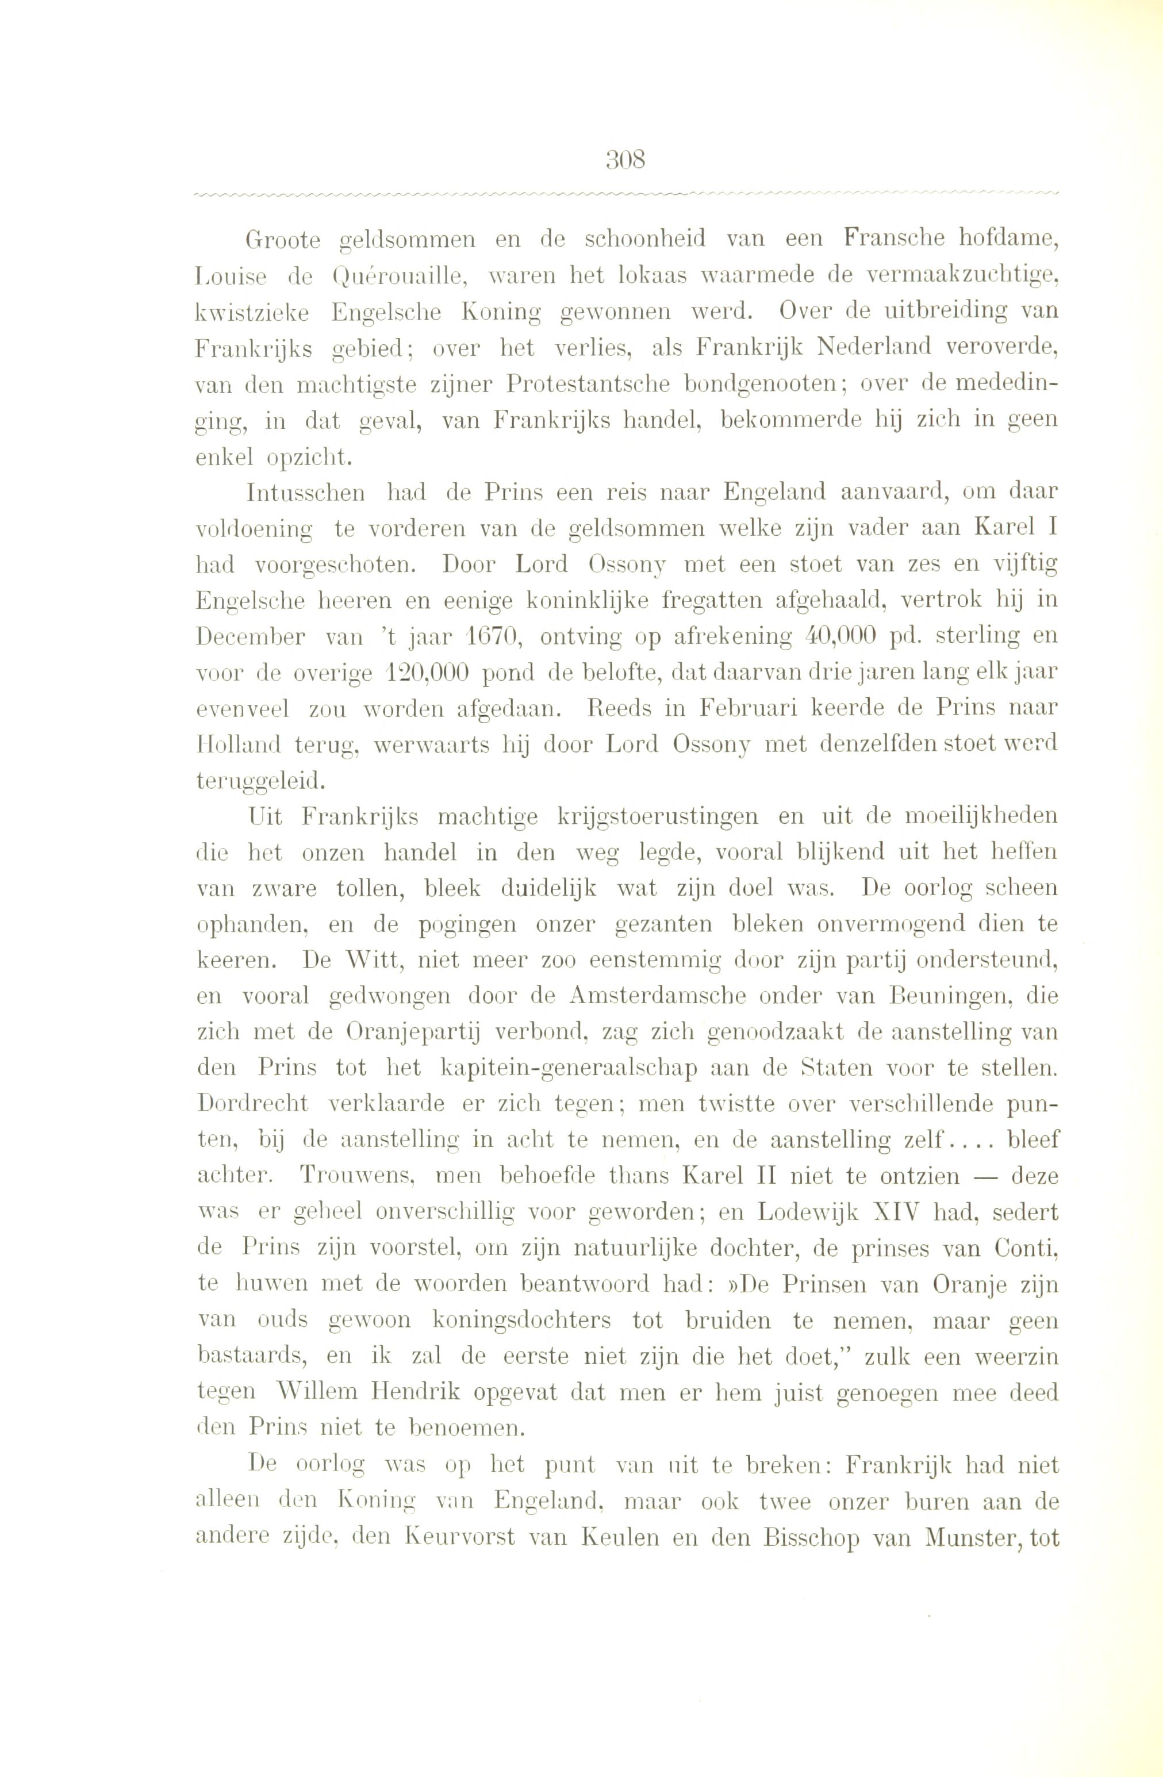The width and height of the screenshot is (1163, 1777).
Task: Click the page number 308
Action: point(625,160)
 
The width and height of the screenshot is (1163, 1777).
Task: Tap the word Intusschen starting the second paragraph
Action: point(306,493)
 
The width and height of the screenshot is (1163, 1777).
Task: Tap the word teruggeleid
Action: point(260,780)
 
